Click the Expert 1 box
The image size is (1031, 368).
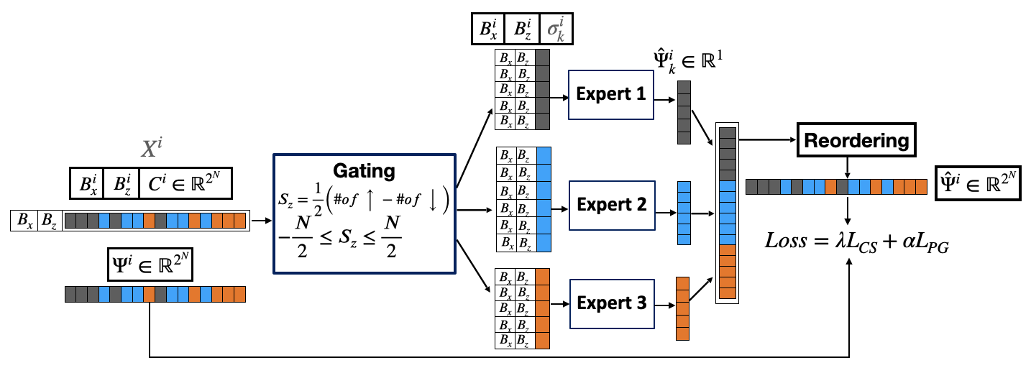click(610, 95)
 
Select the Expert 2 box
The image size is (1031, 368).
click(610, 204)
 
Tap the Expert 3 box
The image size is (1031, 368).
click(610, 303)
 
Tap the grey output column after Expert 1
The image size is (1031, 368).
click(684, 111)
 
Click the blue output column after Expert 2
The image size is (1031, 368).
click(684, 213)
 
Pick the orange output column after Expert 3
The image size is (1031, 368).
click(683, 308)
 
